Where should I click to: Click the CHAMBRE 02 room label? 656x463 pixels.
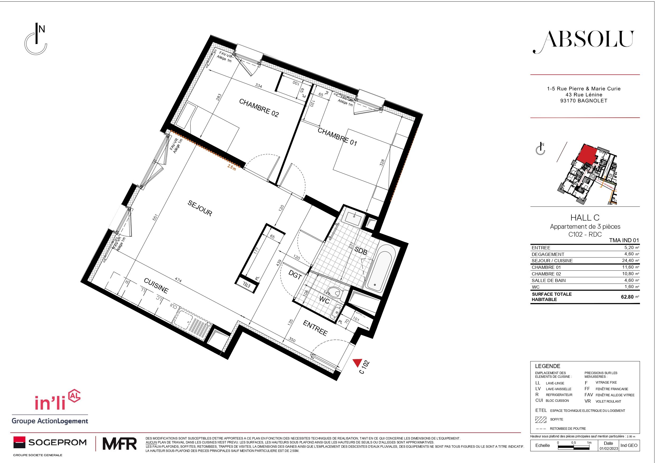[x=258, y=108]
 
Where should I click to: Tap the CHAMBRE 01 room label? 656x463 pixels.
[x=338, y=137]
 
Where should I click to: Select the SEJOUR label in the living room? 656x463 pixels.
[x=200, y=208]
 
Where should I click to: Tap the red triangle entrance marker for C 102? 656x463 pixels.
[x=357, y=362]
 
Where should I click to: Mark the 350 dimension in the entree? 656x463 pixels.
[x=292, y=340]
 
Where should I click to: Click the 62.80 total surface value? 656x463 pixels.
[x=627, y=297]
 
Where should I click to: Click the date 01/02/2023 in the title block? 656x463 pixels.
[x=608, y=448]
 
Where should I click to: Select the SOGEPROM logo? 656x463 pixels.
[x=50, y=442]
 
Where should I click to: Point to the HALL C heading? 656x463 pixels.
[x=585, y=218]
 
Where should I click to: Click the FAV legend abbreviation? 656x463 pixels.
[x=588, y=395]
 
